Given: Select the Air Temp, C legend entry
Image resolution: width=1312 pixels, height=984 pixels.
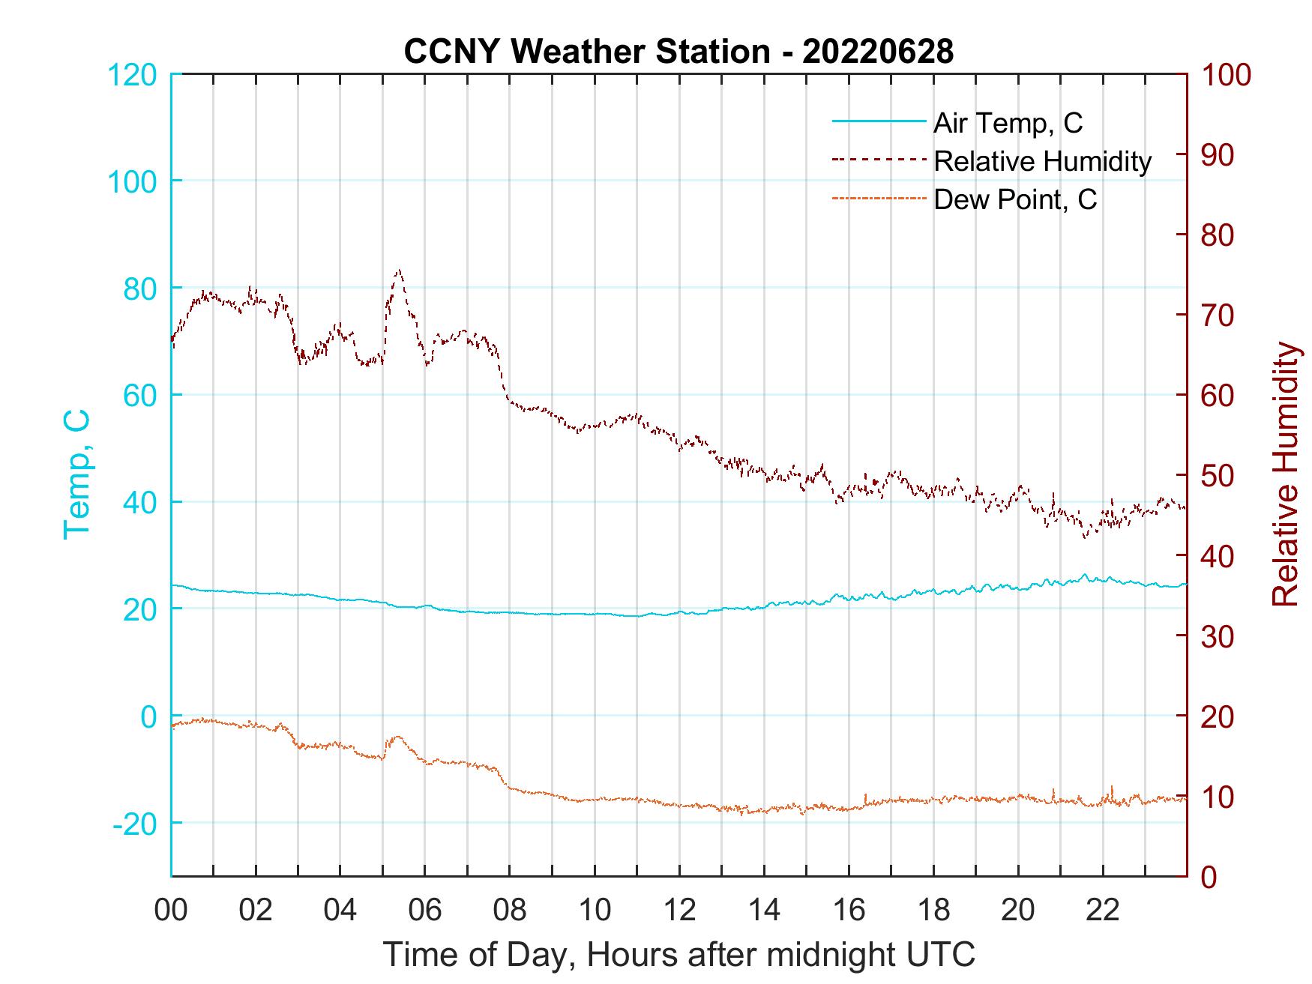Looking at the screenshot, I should tap(1008, 123).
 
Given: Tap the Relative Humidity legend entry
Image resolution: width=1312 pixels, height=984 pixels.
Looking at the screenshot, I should tap(1042, 161).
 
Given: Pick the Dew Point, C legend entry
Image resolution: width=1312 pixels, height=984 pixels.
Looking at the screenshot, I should tap(1015, 199).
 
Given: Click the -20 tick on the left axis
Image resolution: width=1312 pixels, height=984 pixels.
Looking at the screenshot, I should tap(135, 824).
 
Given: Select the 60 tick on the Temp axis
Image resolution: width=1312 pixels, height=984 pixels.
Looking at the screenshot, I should tap(140, 395).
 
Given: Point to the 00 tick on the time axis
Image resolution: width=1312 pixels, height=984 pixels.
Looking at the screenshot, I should tap(171, 911).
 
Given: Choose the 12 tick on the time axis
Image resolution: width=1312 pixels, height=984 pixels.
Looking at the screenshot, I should tap(679, 911).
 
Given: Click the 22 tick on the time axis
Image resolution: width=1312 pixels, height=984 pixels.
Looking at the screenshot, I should tap(1103, 911).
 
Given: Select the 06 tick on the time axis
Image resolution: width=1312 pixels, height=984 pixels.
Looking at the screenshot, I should tap(425, 911).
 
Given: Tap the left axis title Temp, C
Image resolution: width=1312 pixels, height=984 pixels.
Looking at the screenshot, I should tap(76, 474).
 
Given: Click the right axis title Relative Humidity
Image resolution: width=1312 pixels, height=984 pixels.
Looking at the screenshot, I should tap(1285, 474).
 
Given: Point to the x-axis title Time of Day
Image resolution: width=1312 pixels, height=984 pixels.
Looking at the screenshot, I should tap(679, 954).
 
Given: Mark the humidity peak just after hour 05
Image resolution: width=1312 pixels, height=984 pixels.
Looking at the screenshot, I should tap(398, 271).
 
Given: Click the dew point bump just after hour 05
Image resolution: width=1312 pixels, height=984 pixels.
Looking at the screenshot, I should tap(397, 737).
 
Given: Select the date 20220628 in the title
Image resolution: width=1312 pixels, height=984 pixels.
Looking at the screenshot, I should tap(878, 51).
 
